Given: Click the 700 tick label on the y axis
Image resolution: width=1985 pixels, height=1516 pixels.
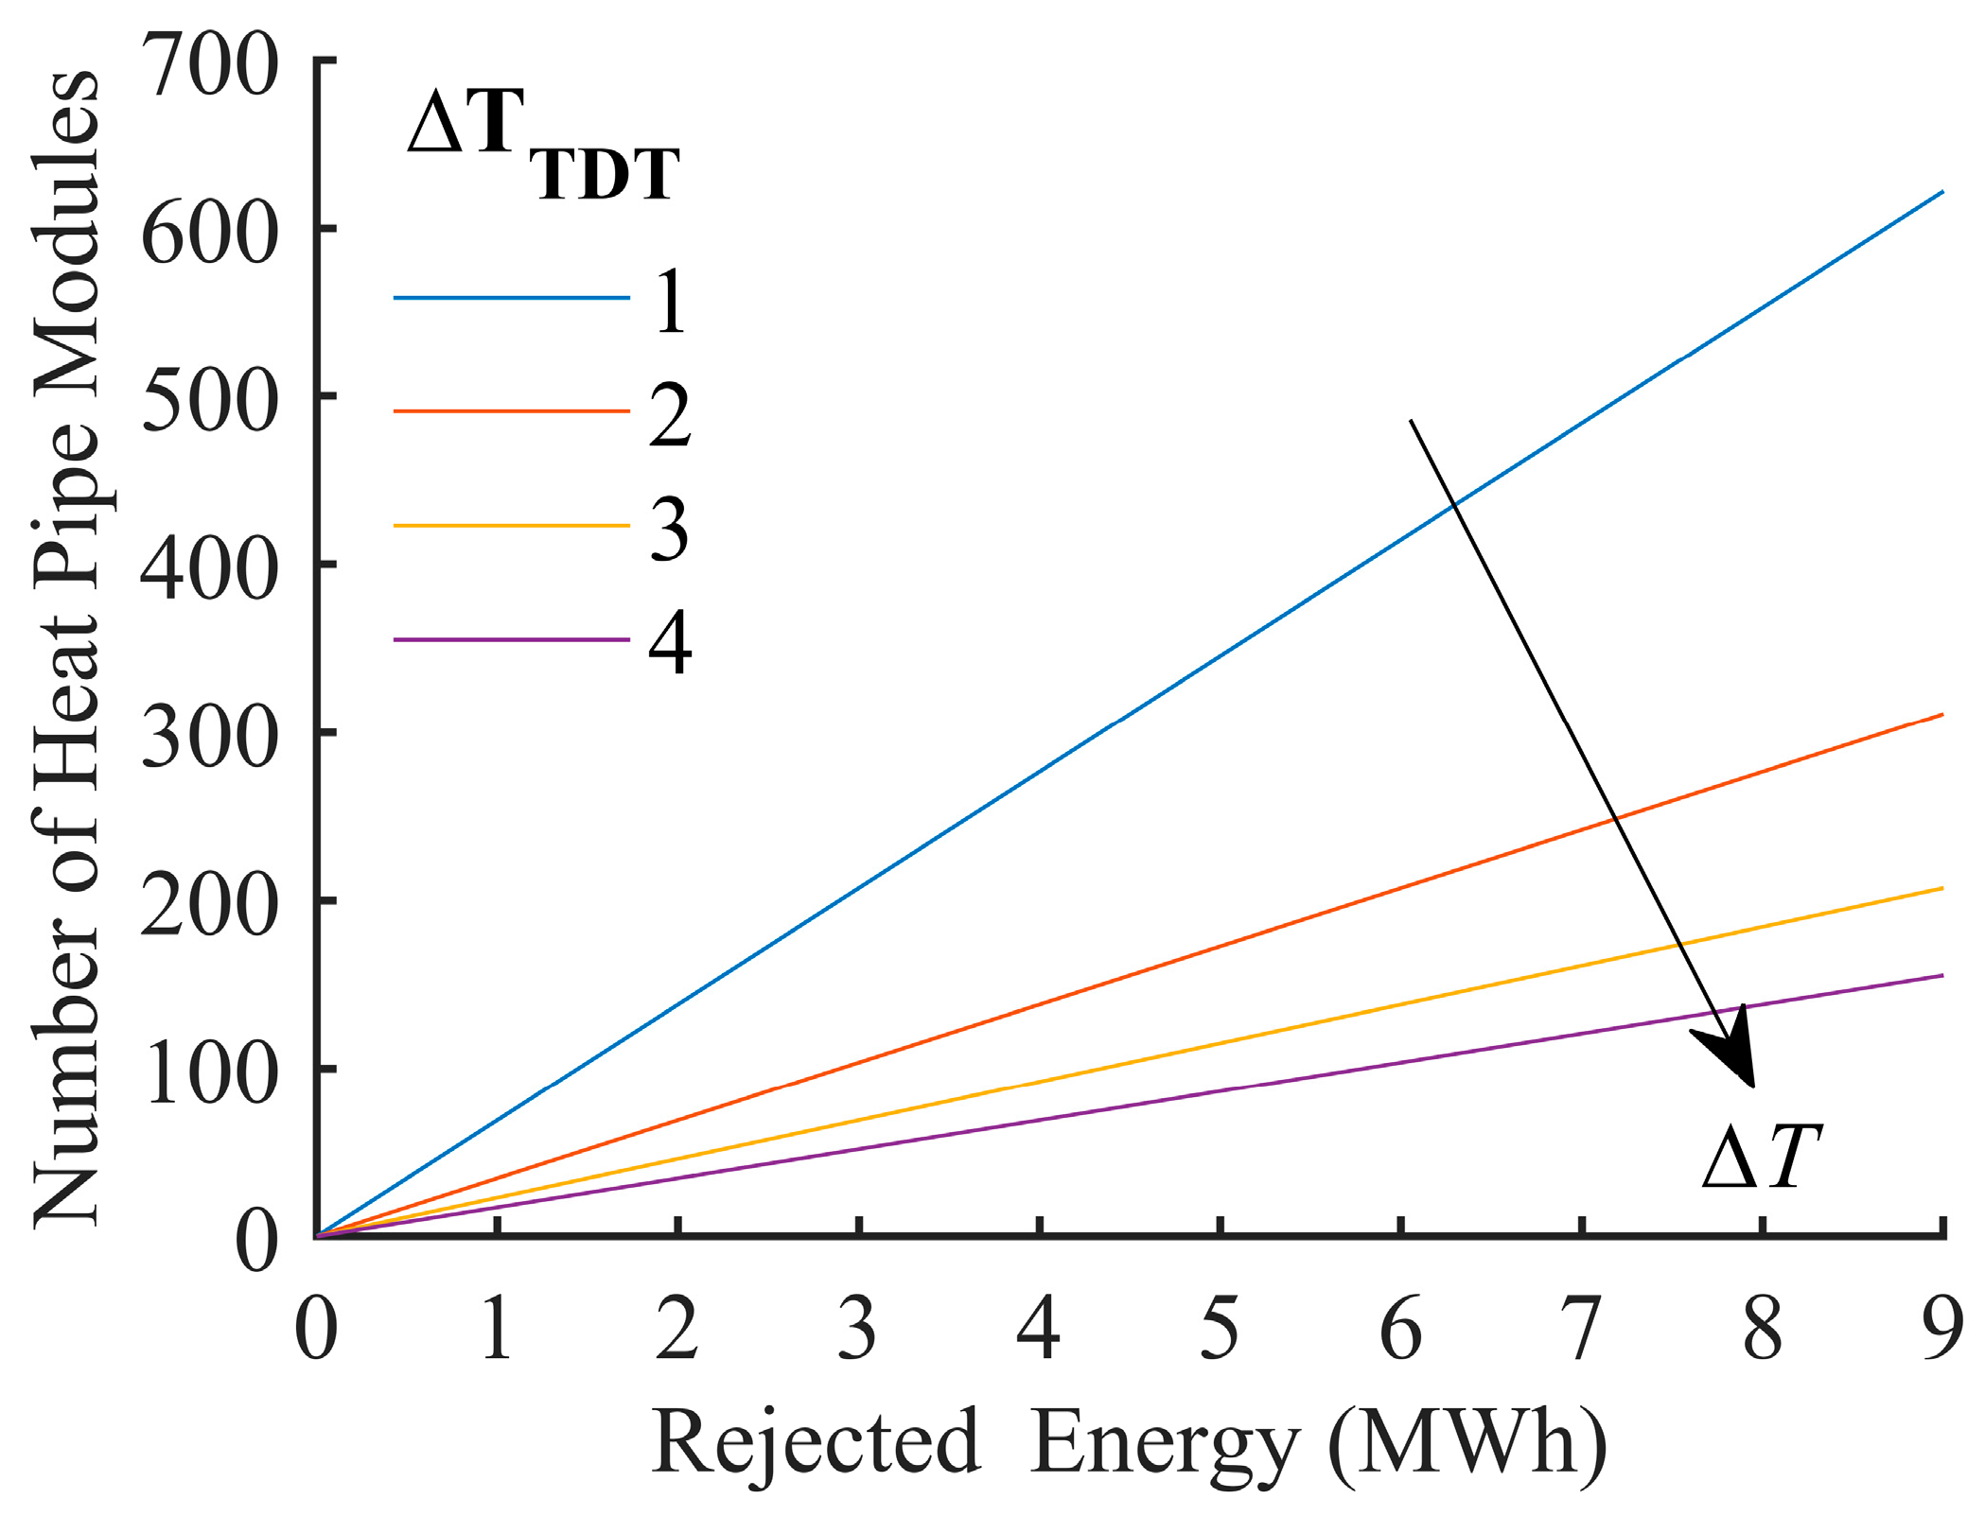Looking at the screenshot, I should coord(210,66).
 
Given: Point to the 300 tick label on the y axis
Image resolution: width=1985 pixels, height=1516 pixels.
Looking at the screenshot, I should coord(210,738).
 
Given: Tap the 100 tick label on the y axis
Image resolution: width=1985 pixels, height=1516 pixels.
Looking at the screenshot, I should coord(210,1074).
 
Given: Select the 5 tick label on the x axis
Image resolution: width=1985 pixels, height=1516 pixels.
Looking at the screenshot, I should coord(1220,1328).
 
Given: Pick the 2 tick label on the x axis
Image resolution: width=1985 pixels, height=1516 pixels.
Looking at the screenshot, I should coord(677,1328).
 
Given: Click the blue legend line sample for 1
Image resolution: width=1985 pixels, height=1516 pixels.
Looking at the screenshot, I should coord(511,298).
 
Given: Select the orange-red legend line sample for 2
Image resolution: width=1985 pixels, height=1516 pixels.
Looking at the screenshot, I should coord(511,411).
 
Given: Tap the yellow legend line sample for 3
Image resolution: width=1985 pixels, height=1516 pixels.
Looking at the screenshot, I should coord(511,525).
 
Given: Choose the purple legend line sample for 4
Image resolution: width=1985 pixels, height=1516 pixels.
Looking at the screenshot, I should coord(511,639).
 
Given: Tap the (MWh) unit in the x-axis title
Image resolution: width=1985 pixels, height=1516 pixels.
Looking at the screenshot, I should coord(1467,1443).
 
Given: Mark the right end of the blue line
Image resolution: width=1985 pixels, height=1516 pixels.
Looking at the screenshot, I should coord(1941,192).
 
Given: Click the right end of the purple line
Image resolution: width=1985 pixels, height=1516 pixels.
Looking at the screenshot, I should coord(1941,975).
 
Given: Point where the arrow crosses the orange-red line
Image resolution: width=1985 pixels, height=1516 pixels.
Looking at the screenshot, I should coord(1615,817).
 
